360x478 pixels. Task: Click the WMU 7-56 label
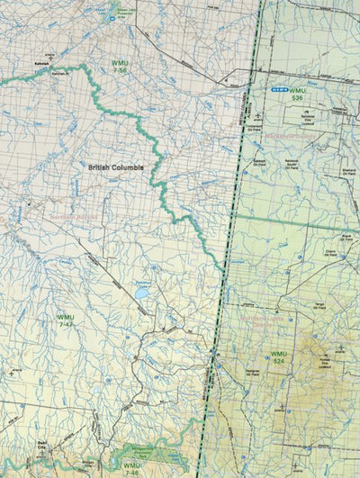tap(121, 66)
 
